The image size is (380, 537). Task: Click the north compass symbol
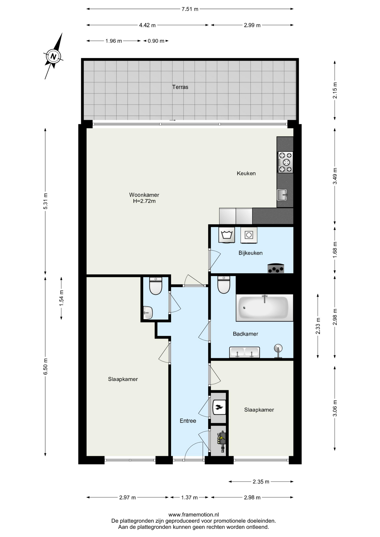pos(53,56)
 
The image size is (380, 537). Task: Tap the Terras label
pos(180,87)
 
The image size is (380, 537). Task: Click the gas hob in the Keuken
pos(285,162)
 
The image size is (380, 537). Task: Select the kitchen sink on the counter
pos(282,195)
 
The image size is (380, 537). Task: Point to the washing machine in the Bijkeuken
pos(227,235)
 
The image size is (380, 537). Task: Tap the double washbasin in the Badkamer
pos(245,352)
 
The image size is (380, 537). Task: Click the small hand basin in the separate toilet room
pos(148,313)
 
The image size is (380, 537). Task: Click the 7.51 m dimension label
pos(190,9)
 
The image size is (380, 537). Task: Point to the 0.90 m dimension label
pos(156,41)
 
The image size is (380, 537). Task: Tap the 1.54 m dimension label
pos(62,298)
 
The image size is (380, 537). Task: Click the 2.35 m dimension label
pos(261,482)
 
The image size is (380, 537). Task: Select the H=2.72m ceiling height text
pos(144,201)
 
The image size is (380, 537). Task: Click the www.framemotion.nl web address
pos(194,515)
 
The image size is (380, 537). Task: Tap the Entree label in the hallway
pos(188,421)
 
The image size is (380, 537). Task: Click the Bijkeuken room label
pos(250,253)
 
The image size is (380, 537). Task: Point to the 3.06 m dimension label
pos(335,408)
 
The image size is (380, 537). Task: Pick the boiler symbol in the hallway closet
pos(219,407)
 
